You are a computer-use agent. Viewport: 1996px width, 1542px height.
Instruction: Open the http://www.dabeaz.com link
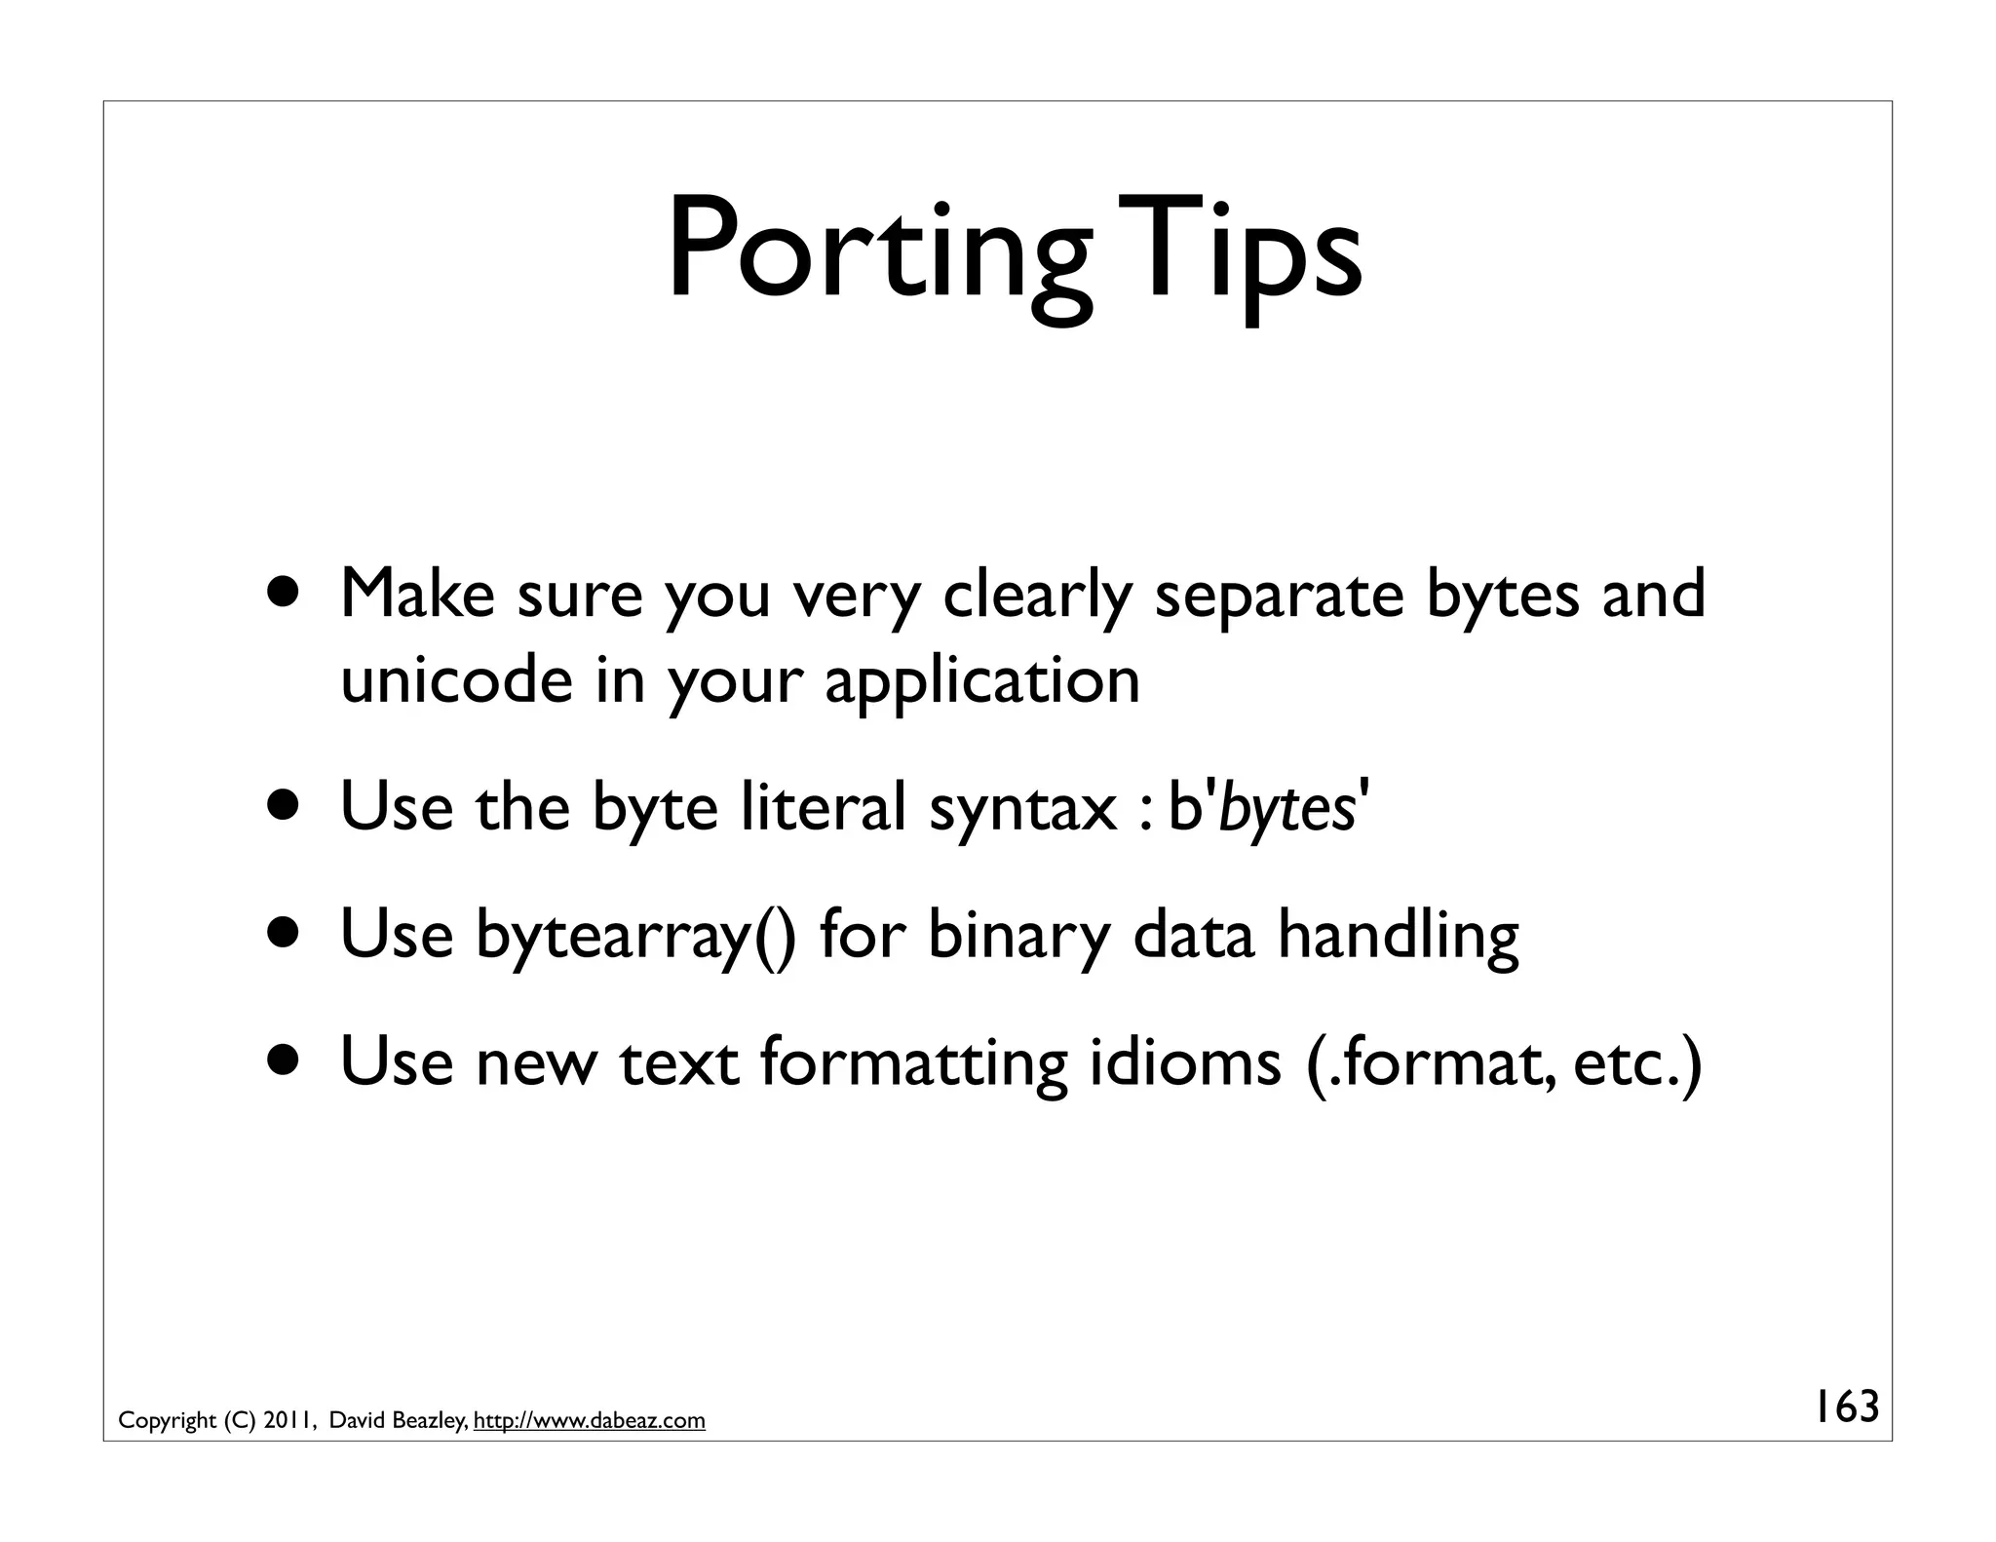[x=590, y=1420]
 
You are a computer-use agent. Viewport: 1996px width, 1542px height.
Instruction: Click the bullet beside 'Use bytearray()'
[x=286, y=933]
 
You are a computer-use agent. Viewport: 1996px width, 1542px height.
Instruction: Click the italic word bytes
[x=1286, y=808]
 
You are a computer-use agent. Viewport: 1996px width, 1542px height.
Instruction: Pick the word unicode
[x=456, y=679]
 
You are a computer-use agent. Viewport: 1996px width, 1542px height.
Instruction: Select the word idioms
[x=1184, y=1060]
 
